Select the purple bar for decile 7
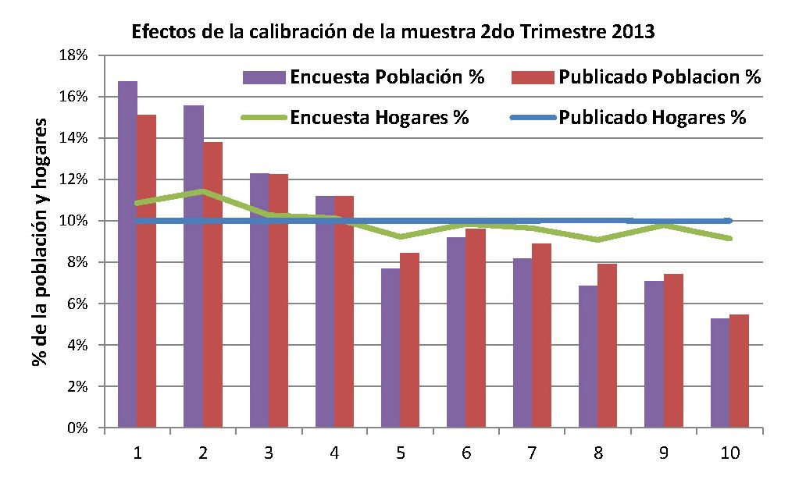click(522, 343)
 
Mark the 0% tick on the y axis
click(79, 428)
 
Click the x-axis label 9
click(663, 453)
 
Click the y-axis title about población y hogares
click(38, 242)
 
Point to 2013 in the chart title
click(633, 33)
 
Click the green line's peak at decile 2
click(203, 191)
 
